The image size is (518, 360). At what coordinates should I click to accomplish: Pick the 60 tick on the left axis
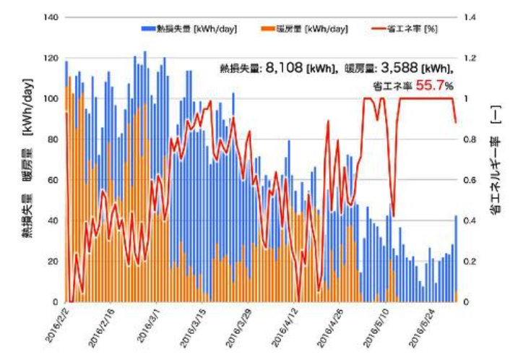click(50, 180)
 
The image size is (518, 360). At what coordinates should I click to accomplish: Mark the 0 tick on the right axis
click(468, 302)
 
